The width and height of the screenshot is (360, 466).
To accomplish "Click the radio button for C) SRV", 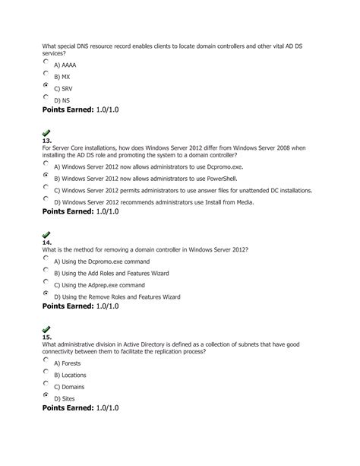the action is pyautogui.click(x=46, y=87).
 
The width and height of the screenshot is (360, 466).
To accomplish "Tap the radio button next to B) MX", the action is pyautogui.click(x=46, y=74).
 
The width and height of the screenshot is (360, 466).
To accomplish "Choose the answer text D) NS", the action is pyautogui.click(x=62, y=99).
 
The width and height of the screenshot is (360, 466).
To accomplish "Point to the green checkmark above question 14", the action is pyautogui.click(x=47, y=234).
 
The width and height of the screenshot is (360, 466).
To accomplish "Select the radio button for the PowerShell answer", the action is pyautogui.click(x=46, y=175).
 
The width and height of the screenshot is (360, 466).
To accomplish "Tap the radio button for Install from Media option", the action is pyautogui.click(x=46, y=199).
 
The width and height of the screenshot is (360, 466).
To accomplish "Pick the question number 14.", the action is pyautogui.click(x=46, y=243).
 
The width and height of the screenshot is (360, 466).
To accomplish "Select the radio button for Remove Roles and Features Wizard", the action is pyautogui.click(x=46, y=293).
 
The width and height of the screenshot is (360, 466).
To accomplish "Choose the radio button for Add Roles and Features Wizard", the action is pyautogui.click(x=46, y=269).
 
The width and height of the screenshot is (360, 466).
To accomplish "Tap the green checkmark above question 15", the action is pyautogui.click(x=47, y=328).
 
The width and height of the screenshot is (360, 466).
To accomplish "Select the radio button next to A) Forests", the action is pyautogui.click(x=46, y=360).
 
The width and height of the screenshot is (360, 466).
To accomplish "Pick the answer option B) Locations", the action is pyautogui.click(x=70, y=375).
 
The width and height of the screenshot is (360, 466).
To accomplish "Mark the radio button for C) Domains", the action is pyautogui.click(x=46, y=385).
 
